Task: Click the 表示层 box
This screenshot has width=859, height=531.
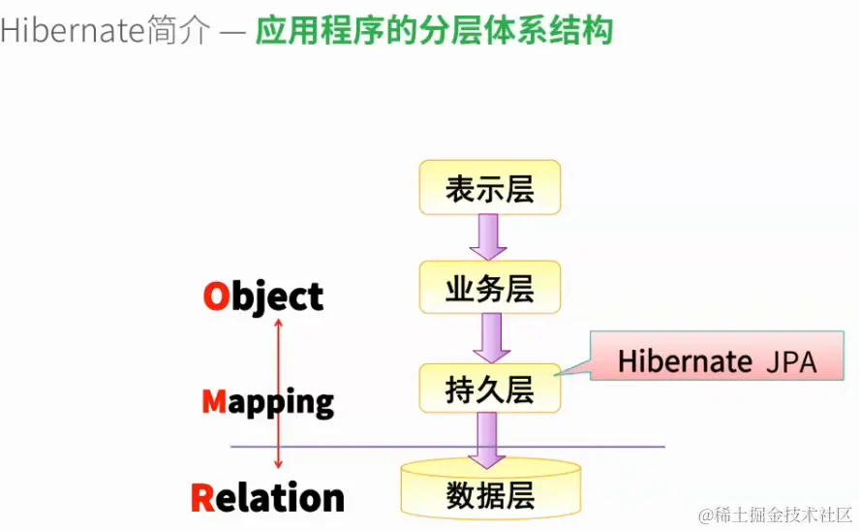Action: [x=489, y=188]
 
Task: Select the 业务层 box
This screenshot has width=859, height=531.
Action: [x=489, y=288]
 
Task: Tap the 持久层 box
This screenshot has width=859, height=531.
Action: [x=489, y=388]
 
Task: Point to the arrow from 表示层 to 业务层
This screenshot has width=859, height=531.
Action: [x=489, y=237]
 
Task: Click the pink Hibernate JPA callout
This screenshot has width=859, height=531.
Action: [x=717, y=360]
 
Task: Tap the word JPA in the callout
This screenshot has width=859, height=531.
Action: [x=791, y=361]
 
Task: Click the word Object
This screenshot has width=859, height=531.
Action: [x=262, y=297]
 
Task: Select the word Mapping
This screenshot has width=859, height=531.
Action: [x=267, y=401]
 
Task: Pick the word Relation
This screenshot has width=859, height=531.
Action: [x=267, y=497]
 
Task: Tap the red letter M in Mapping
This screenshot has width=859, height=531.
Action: [x=214, y=400]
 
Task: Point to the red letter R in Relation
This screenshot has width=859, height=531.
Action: [x=202, y=497]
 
